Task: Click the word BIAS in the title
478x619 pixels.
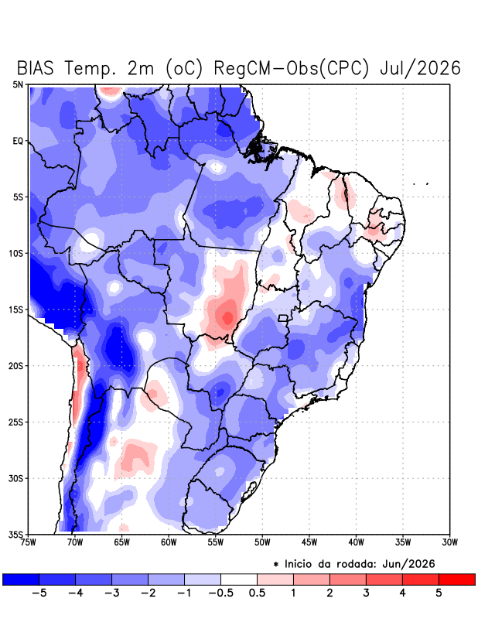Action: click(35, 68)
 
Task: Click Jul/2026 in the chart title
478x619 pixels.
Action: click(420, 68)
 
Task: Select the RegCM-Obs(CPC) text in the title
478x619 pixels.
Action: click(292, 68)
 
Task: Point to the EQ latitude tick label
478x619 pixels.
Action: click(18, 141)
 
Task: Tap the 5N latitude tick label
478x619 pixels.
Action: click(18, 84)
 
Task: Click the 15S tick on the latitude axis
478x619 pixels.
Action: click(16, 309)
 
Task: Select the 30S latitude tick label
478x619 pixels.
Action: click(16, 478)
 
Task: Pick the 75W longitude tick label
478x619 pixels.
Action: click(29, 542)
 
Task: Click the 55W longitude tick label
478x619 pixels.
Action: click(216, 542)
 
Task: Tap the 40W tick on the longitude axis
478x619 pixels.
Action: click(356, 542)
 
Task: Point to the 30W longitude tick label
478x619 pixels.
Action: click(450, 542)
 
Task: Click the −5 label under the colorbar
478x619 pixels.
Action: click(39, 593)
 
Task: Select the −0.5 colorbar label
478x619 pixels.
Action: click(220, 593)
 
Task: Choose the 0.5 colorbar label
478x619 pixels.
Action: click(257, 593)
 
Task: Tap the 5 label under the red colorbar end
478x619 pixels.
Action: click(439, 593)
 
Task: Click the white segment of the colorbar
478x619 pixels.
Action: click(239, 579)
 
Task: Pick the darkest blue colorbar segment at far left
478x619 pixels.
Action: click(21, 579)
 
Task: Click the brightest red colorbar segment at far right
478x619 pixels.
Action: click(456, 579)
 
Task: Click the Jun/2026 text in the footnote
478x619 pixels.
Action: click(408, 564)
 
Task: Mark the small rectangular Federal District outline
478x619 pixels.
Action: click(282, 318)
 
